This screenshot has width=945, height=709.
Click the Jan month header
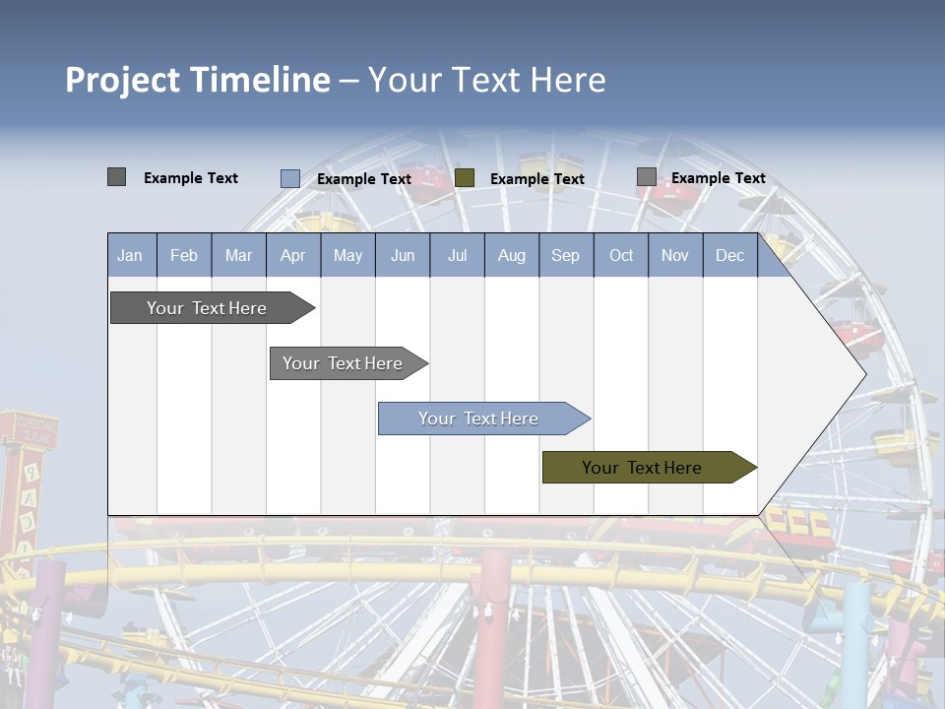click(x=130, y=255)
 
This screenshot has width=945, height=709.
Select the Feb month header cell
click(x=184, y=255)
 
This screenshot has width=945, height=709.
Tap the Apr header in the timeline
click(x=292, y=255)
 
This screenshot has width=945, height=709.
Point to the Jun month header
click(x=403, y=255)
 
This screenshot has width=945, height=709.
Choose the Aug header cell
click(x=511, y=255)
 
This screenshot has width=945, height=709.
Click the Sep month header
click(x=565, y=255)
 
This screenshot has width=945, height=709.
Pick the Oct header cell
click(x=621, y=255)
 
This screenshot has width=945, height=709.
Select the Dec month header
click(x=729, y=255)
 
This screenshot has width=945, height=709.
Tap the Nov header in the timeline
click(x=675, y=255)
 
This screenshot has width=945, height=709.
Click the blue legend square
click(x=289, y=178)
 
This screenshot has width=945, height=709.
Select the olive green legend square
click(x=465, y=178)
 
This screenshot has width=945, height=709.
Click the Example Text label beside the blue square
click(x=363, y=179)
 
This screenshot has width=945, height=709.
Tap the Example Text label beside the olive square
click(x=536, y=179)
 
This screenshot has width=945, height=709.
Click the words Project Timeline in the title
click(x=197, y=80)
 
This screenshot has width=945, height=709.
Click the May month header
click(x=347, y=255)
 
